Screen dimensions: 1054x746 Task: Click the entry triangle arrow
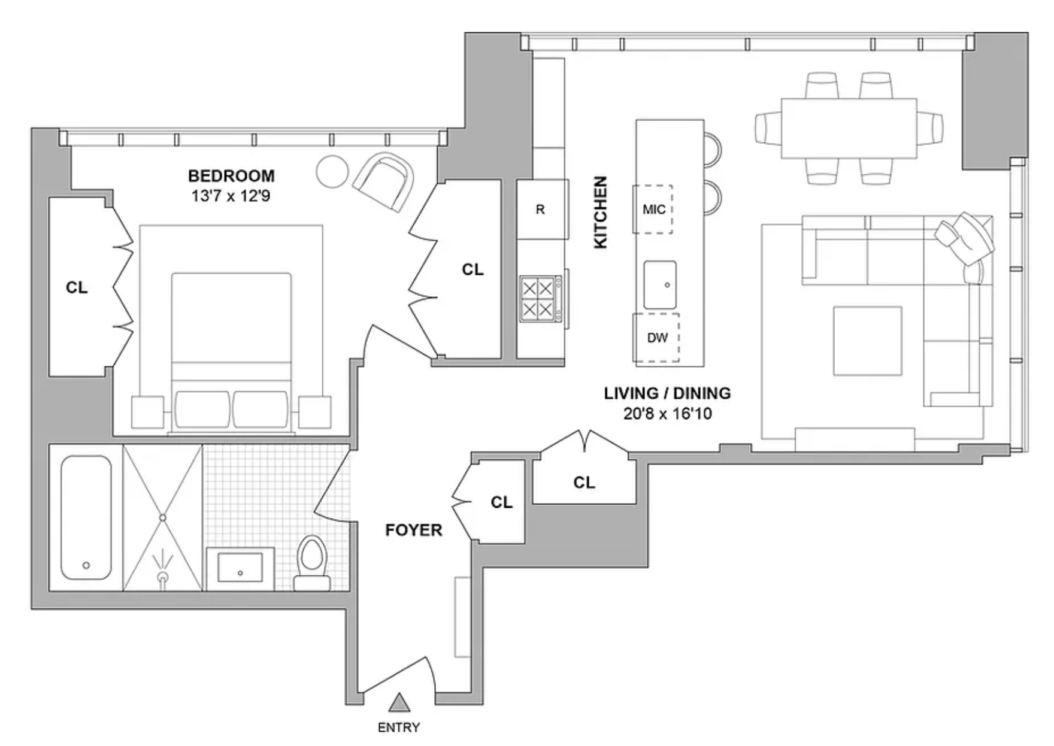[399, 703]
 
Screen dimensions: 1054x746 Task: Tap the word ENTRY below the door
[399, 727]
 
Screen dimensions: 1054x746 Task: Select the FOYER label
[414, 530]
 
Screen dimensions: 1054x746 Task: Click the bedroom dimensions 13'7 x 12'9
[231, 196]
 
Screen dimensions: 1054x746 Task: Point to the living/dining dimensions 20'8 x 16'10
[668, 414]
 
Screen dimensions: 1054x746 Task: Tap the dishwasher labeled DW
[657, 338]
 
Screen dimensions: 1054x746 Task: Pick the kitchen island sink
[661, 285]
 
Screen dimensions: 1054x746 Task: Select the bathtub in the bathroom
[86, 518]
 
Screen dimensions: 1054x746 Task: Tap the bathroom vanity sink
[240, 568]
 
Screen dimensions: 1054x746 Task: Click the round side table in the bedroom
[332, 172]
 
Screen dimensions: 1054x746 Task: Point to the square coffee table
[868, 341]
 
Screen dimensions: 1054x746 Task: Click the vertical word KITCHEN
[600, 212]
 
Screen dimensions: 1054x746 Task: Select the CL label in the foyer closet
[502, 502]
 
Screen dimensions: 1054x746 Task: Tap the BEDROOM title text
[231, 176]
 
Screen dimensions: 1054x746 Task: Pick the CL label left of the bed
[77, 288]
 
